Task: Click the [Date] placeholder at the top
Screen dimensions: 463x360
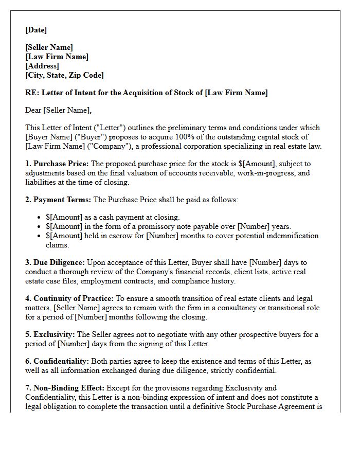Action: point(36,30)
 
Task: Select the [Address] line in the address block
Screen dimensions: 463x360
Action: point(42,66)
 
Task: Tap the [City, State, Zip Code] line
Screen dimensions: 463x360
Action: point(64,75)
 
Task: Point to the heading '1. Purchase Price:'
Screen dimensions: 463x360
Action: point(57,164)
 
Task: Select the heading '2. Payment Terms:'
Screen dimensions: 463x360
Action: point(58,200)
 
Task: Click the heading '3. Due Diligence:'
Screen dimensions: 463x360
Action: point(55,262)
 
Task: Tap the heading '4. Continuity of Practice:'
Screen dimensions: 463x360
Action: point(69,298)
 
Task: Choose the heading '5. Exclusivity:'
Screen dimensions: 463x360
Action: point(49,334)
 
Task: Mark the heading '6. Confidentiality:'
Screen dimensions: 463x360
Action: point(57,361)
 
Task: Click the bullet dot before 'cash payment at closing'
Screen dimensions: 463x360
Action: point(41,218)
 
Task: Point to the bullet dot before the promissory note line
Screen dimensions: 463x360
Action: point(41,227)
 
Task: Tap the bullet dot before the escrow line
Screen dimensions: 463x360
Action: point(41,236)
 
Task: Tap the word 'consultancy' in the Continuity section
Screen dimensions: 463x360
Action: point(225,308)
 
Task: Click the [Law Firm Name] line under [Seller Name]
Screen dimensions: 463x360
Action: point(57,57)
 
